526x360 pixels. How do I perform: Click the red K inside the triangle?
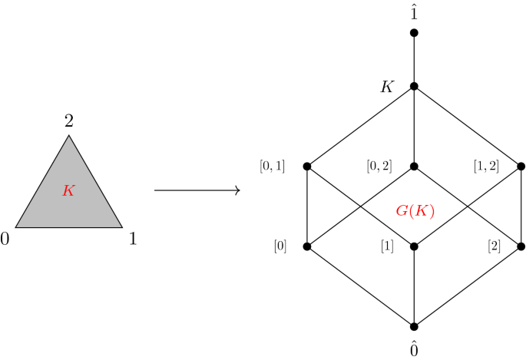[68, 191]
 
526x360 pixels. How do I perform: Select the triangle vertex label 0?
[6, 239]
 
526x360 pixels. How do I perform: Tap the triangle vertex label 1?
[132, 239]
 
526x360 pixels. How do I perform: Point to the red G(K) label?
[415, 210]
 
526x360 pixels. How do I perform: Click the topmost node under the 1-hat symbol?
[414, 33]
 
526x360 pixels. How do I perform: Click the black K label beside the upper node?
[388, 87]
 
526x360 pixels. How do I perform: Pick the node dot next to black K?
[414, 86]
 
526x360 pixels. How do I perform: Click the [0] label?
[280, 246]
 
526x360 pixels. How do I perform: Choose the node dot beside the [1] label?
[414, 246]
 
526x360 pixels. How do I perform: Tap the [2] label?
[495, 246]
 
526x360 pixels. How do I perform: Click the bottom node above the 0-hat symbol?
[414, 326]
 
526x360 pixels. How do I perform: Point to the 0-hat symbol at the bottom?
[414, 348]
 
